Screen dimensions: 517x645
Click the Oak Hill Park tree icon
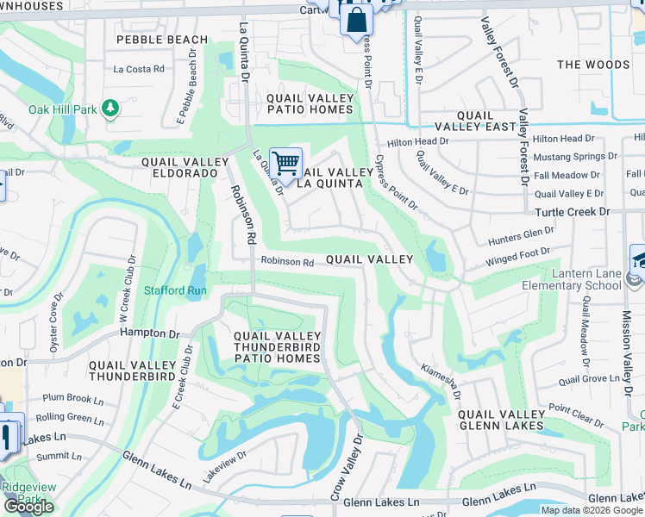pos(110,108)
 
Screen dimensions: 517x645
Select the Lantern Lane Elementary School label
pos(571,279)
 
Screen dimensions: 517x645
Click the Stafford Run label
pos(175,291)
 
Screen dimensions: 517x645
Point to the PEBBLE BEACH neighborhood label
pos(162,40)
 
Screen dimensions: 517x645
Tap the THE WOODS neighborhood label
pos(593,65)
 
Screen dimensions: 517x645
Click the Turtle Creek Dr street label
pos(572,212)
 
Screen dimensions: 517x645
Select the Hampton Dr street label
pos(149,333)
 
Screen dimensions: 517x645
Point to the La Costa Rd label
pos(139,69)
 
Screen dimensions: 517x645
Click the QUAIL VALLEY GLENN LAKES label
pos(501,420)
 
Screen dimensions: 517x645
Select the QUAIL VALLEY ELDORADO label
pos(186,167)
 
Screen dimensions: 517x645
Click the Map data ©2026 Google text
pos(592,510)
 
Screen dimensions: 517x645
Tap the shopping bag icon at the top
pos(354,19)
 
